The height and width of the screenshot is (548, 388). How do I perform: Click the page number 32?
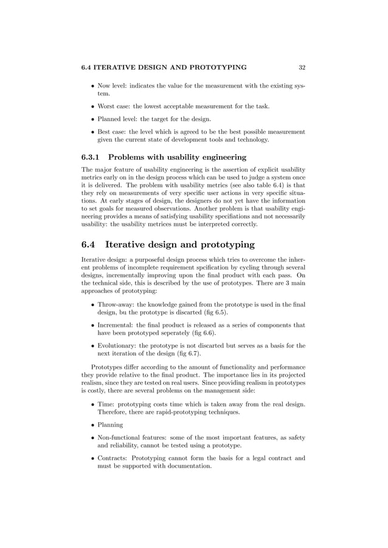tap(302, 67)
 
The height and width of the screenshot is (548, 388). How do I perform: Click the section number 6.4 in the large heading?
tap(89, 245)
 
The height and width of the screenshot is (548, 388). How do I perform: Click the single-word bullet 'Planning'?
tap(110, 425)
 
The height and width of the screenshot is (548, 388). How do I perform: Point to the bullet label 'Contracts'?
tap(113, 457)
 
